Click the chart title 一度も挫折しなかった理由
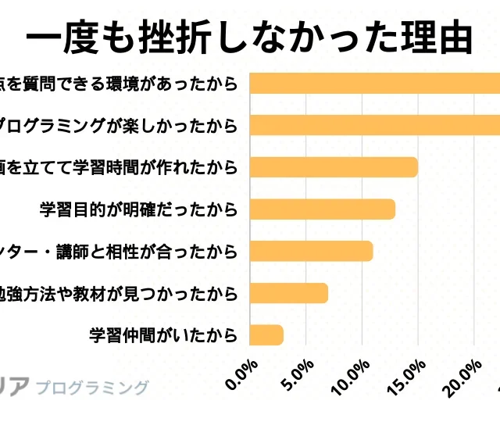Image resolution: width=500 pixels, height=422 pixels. [250, 37]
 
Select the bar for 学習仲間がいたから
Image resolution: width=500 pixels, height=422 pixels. [266, 334]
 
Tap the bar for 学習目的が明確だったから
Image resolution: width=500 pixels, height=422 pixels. [322, 209]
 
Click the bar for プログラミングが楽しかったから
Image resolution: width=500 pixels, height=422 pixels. [375, 124]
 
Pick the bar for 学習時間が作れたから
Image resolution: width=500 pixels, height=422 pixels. [334, 166]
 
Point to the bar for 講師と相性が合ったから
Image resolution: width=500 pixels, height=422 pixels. [311, 251]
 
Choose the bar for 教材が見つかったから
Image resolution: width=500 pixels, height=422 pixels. [288, 293]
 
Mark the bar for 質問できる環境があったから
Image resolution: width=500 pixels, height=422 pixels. [375, 82]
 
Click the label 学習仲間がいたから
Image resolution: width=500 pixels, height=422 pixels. [164, 335]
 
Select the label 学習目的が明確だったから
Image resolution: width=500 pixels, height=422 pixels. [138, 209]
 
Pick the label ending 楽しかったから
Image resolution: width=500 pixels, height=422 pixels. [117, 125]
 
